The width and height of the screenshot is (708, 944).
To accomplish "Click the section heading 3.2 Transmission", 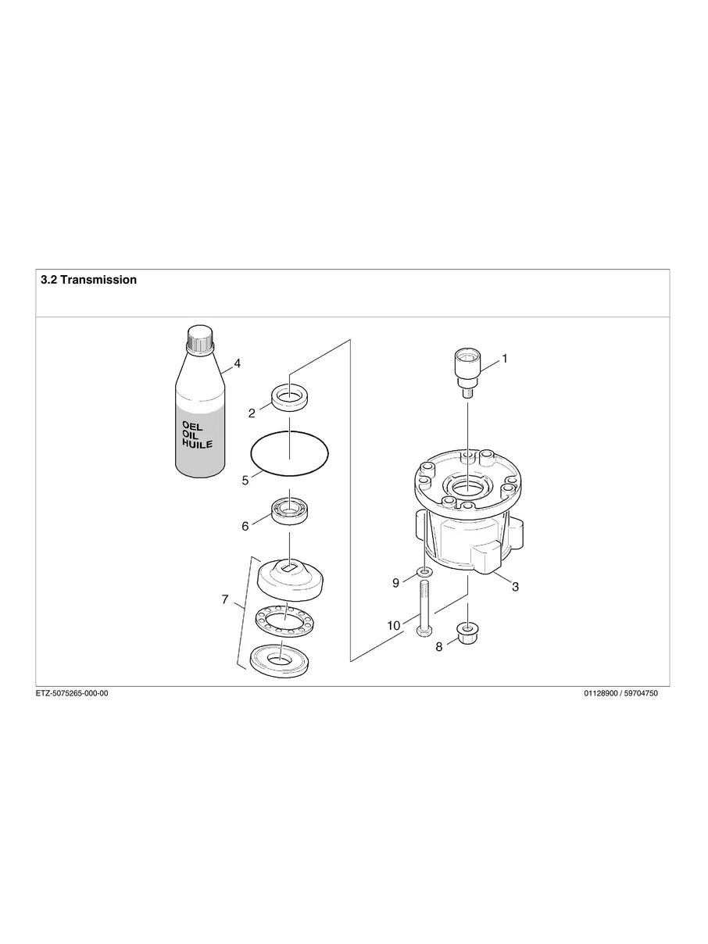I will coord(88,280).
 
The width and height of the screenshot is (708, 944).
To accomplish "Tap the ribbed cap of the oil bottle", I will coord(201,338).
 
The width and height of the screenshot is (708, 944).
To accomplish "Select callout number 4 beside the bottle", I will coord(237,363).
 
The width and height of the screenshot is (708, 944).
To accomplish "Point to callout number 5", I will coord(245,481).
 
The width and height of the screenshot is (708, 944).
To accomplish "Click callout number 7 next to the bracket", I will coord(225,600).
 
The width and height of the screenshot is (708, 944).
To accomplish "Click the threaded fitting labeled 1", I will coord(467,374).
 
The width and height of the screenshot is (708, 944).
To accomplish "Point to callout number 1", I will coord(505,359).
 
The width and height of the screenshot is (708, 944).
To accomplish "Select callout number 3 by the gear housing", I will coord(515,587).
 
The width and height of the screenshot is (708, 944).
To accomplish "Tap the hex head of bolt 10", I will coord(424,631).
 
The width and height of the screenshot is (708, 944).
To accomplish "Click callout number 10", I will coord(393,625).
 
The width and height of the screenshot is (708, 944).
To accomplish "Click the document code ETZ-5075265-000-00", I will coord(72,693).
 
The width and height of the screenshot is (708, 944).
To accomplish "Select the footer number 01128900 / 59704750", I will coord(620,693).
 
